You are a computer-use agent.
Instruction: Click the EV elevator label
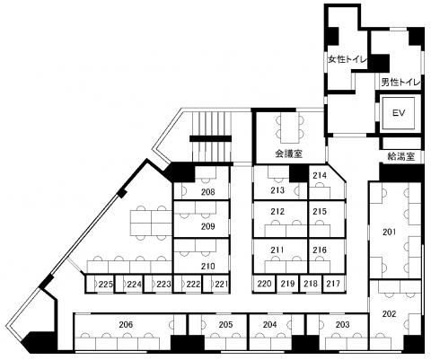coord(399,113)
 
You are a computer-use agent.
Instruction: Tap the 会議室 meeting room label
coord(288,154)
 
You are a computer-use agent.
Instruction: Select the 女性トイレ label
coord(347,59)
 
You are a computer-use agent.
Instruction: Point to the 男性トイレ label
coord(400,82)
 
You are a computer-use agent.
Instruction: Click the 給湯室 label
coord(400,156)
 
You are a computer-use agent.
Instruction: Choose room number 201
coord(390,232)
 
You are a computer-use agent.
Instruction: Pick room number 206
coord(126,324)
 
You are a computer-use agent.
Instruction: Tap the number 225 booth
coord(106,284)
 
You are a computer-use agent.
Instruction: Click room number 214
coord(320,175)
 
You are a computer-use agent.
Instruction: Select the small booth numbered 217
coord(333,284)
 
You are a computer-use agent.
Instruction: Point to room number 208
coord(207,192)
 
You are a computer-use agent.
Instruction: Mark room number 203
coord(343,324)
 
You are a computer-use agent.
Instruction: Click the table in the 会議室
coord(290,127)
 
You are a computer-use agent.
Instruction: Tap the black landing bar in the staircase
coord(211,139)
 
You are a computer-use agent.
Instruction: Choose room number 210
coord(207,266)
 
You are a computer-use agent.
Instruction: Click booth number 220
coord(264,284)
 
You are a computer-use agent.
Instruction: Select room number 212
coord(277,212)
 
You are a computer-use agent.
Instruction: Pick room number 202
coord(389,314)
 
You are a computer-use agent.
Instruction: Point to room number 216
coord(320,250)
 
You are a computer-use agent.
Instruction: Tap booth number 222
coord(193,284)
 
